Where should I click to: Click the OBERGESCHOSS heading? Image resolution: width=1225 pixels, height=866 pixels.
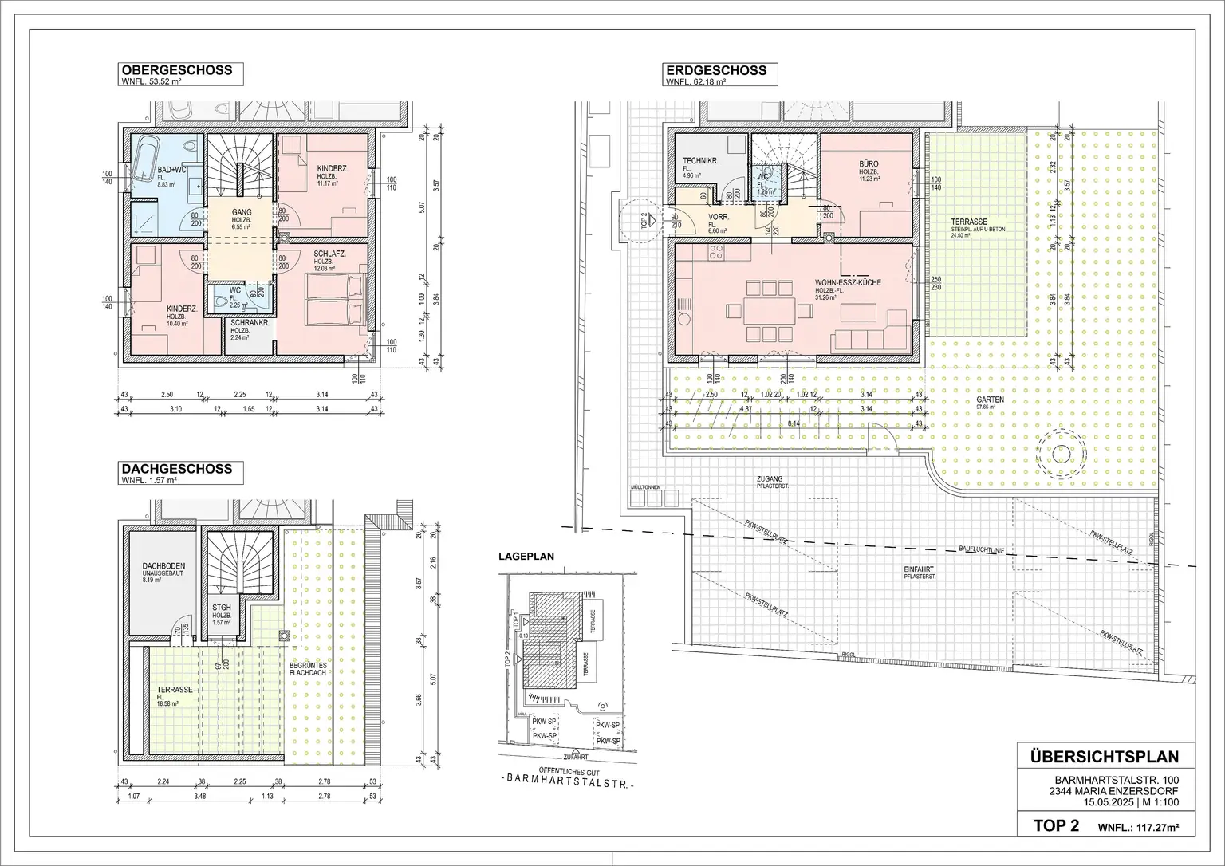pyautogui.click(x=176, y=70)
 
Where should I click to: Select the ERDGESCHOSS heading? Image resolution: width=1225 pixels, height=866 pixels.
pyautogui.click(x=715, y=70)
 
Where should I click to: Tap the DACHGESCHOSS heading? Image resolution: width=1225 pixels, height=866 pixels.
pyautogui.click(x=176, y=469)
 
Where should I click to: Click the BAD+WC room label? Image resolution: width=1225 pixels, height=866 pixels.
pyautogui.click(x=171, y=171)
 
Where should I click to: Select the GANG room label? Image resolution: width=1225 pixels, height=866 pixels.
pyautogui.click(x=242, y=212)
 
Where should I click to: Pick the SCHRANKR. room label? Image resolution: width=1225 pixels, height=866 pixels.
pyautogui.click(x=249, y=325)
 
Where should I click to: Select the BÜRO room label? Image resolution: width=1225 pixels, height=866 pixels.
pyautogui.click(x=869, y=162)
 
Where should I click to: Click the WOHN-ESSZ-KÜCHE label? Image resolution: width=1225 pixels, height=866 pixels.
pyautogui.click(x=848, y=282)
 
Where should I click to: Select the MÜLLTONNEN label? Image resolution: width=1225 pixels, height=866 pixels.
pyautogui.click(x=644, y=486)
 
